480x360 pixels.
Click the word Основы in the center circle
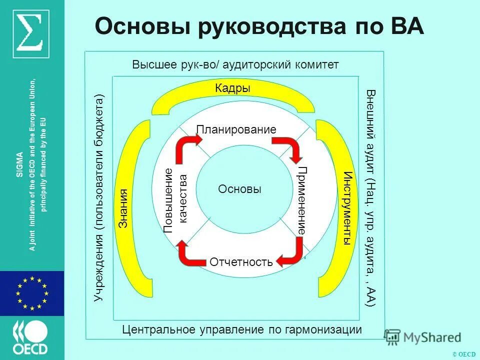(x=240, y=189)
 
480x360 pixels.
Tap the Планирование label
(x=236, y=129)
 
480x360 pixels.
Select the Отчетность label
(x=241, y=262)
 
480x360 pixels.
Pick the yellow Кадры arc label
(x=232, y=88)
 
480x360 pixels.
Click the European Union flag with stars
(x=32, y=293)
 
